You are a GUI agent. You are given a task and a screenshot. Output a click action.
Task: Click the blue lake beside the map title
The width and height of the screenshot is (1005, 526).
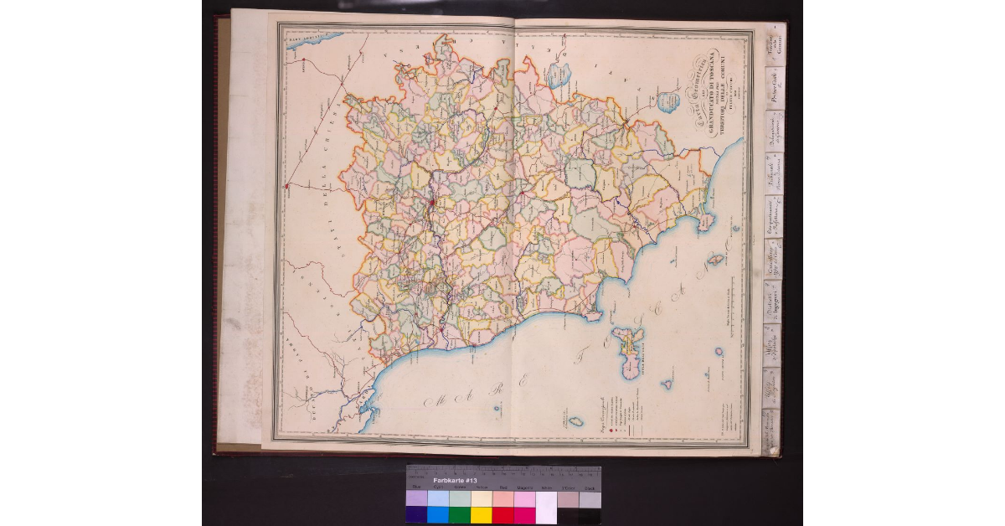pos(667,102)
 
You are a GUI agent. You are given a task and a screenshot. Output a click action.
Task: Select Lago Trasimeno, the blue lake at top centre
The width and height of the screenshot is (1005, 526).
pos(557,78)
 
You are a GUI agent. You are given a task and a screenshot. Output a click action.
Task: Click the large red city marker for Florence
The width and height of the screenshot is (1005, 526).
pos(431,203)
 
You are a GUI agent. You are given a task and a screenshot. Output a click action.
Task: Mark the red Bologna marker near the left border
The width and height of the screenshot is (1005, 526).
pos(286,185)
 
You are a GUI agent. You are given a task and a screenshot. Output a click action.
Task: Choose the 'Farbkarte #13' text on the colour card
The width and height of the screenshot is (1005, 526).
pos(455,481)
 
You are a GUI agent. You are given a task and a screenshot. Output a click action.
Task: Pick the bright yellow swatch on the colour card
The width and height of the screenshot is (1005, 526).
pos(481,515)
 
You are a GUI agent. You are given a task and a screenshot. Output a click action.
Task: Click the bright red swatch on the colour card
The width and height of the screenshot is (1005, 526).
pos(502,515)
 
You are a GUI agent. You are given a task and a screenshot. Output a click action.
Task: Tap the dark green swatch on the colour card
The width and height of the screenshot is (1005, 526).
pos(459,515)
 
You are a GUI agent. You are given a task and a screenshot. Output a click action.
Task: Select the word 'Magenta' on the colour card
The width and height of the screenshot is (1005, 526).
pos(524,487)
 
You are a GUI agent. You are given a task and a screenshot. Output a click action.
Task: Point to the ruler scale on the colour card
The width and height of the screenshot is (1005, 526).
pos(502,470)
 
